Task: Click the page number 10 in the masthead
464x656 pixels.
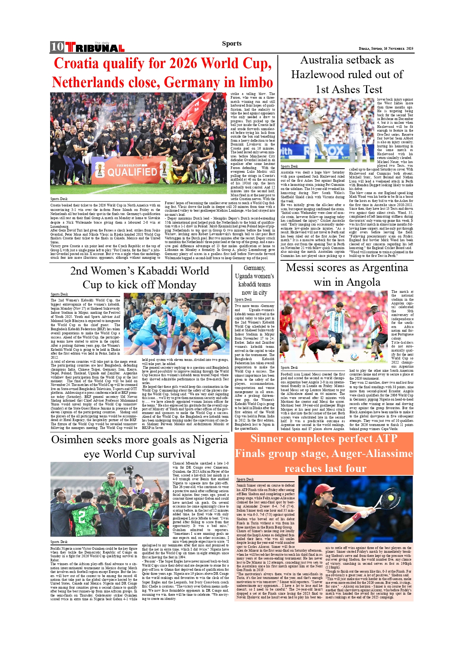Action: point(57,46)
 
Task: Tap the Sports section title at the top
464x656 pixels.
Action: point(231,43)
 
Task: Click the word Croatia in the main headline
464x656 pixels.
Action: point(76,64)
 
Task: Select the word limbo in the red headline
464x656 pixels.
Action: point(256,82)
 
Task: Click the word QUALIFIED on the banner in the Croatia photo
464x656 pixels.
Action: point(132,172)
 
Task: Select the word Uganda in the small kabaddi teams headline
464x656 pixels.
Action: point(244,276)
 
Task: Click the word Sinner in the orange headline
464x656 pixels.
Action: point(267,439)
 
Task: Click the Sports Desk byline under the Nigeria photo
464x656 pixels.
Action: point(59,542)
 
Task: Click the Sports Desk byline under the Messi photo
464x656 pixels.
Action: point(289,368)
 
